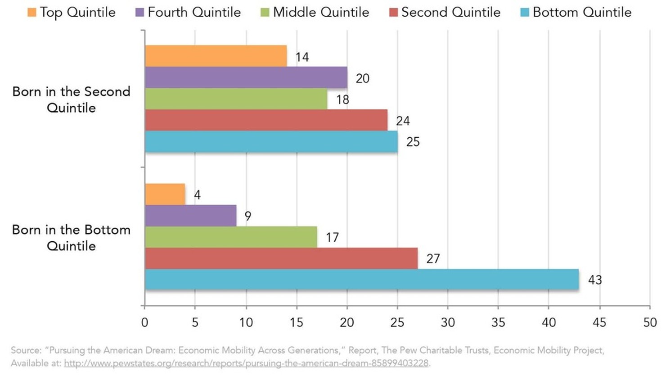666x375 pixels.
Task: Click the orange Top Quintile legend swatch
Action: (31, 12)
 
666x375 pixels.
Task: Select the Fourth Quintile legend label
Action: (194, 12)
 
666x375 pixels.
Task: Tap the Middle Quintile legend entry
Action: (321, 12)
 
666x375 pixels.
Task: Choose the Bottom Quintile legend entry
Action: (582, 12)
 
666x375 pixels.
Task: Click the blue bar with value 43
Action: (361, 280)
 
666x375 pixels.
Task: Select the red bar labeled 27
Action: (281, 258)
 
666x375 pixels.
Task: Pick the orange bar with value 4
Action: (165, 194)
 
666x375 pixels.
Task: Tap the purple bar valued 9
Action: (190, 216)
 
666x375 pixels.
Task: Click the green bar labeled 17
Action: (231, 237)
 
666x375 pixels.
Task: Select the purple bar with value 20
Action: (246, 77)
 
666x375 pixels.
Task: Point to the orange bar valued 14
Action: (216, 56)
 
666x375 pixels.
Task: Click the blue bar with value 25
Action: (271, 141)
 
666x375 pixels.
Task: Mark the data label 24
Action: (403, 121)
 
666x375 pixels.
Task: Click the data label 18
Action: (342, 99)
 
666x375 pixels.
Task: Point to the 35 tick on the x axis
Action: (498, 322)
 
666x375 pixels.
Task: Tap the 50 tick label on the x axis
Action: (650, 322)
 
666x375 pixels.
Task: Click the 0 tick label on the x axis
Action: (144, 322)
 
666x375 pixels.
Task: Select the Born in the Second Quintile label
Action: (71, 99)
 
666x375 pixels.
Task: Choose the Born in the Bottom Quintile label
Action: (71, 238)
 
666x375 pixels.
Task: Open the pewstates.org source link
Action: (246, 363)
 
